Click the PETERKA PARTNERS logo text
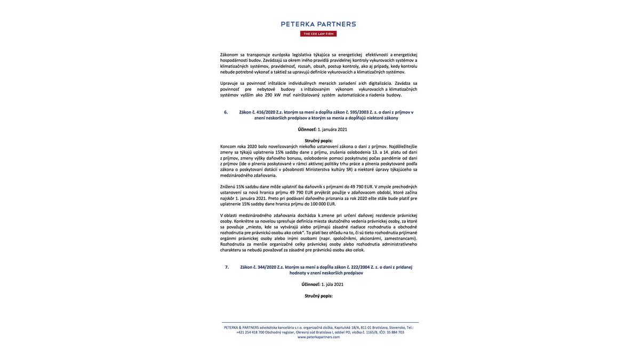(x=318, y=24)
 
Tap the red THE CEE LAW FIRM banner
(x=318, y=34)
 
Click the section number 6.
(x=226, y=112)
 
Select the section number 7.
(x=227, y=267)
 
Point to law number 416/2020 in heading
(x=266, y=112)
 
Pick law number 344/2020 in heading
(x=267, y=267)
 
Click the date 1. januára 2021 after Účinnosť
(x=332, y=130)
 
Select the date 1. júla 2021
(x=332, y=285)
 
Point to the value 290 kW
(x=273, y=95)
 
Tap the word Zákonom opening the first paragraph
(x=229, y=55)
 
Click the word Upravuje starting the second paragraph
(x=229, y=83)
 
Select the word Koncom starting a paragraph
(x=228, y=147)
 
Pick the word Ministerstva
(x=318, y=170)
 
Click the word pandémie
(x=391, y=158)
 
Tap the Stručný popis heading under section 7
(x=318, y=296)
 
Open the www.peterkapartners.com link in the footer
(x=318, y=337)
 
